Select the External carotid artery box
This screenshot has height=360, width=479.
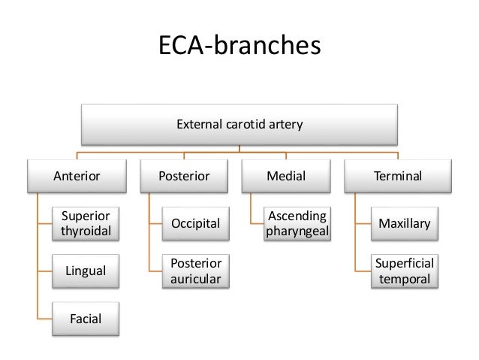point(239,124)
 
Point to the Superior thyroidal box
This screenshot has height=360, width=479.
point(86,223)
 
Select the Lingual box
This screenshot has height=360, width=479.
point(86,270)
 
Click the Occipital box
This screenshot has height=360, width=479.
point(196,223)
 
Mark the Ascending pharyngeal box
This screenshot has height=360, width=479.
point(297,223)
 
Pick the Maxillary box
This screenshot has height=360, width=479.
point(405,223)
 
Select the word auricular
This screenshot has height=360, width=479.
point(196,279)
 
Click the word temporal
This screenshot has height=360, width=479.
point(405,279)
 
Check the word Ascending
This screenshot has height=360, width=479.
point(297,216)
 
